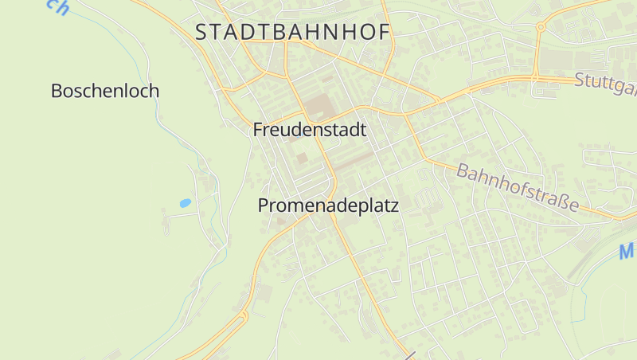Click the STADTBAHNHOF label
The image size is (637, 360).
293,33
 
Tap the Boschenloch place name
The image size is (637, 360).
104,91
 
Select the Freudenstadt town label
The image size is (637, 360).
310,130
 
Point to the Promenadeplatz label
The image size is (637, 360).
328,205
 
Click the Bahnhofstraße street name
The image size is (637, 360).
517,188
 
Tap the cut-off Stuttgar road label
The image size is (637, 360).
604,82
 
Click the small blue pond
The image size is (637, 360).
185,203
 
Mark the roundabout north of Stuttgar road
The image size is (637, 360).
541,27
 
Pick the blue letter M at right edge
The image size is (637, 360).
627,252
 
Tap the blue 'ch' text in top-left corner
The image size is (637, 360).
57,6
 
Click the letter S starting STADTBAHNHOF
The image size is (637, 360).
202,33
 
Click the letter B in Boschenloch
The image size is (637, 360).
57,91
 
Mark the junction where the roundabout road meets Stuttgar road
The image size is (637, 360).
536,78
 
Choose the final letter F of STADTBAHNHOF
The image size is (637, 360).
384,33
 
